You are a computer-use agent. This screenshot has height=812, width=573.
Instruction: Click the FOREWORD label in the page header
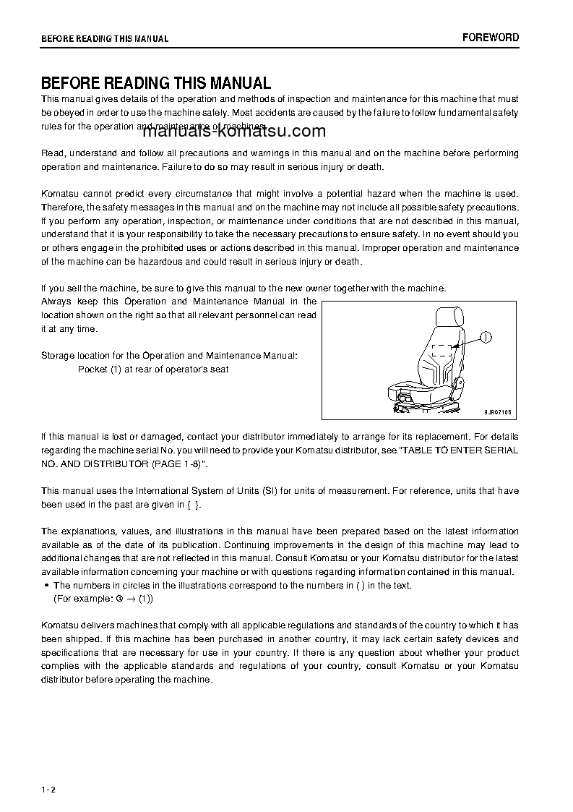pos(491,38)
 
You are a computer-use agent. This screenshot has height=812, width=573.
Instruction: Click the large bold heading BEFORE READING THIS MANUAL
pos(156,83)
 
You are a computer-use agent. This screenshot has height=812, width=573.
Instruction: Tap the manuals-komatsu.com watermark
pos(235,132)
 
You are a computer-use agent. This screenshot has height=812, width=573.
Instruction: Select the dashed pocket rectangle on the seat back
pos(441,351)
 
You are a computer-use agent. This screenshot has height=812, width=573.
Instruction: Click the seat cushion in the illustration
pos(419,391)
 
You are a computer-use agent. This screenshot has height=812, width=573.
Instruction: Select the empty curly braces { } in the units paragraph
pos(191,505)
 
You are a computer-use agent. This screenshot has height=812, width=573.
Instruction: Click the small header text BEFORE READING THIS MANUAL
pos(105,38)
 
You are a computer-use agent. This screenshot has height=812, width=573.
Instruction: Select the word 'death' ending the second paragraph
pos(369,167)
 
